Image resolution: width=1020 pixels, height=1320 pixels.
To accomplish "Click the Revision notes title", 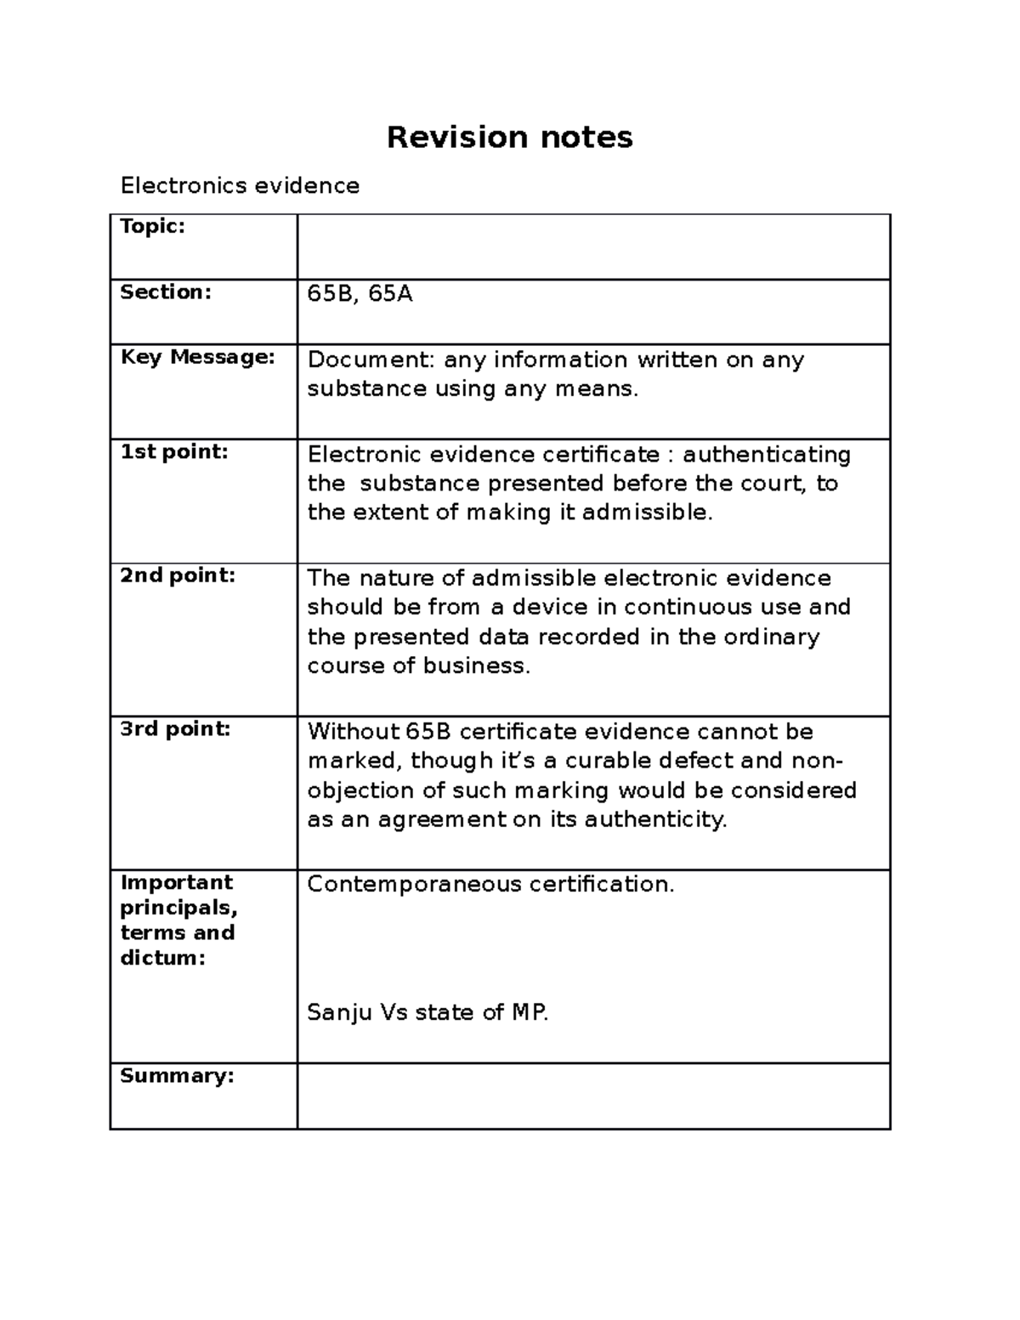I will pyautogui.click(x=509, y=137).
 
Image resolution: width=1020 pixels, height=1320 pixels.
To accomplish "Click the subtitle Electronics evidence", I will pyautogui.click(x=240, y=185).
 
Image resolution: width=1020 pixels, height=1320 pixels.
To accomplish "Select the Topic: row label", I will pyautogui.click(x=152, y=226).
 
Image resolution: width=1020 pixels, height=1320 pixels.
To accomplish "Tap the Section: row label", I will pyautogui.click(x=165, y=292).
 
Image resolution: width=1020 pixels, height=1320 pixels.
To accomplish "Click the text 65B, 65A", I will pyautogui.click(x=360, y=294).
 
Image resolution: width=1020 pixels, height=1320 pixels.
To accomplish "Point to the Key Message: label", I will pyautogui.click(x=198, y=357).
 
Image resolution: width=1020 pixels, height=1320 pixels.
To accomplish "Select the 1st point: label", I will pyautogui.click(x=174, y=452).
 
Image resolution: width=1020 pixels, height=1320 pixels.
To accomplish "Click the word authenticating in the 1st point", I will pyautogui.click(x=767, y=455).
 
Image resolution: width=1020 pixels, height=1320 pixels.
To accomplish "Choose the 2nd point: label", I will pyautogui.click(x=177, y=575).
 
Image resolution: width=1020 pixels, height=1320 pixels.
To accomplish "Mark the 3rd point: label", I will pyautogui.click(x=175, y=728).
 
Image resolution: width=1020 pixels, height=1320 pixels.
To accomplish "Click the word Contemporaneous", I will pyautogui.click(x=414, y=884).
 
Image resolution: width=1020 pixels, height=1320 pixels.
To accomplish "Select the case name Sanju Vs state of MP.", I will pyautogui.click(x=428, y=1012).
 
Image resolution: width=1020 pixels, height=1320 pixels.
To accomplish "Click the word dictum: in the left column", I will pyautogui.click(x=162, y=958).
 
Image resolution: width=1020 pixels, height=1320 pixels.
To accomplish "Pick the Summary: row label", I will pyautogui.click(x=177, y=1075).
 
